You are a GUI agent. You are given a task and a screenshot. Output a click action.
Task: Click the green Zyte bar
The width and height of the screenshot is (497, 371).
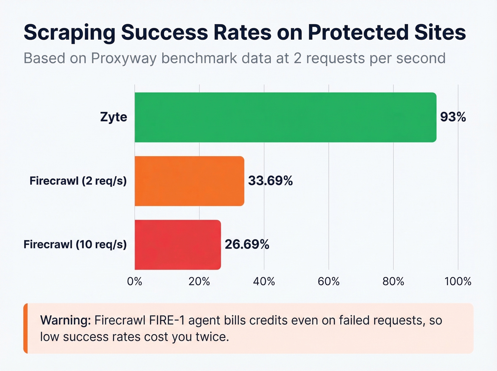[285, 117]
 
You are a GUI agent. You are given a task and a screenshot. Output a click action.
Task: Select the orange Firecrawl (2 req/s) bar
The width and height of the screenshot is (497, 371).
[189, 181]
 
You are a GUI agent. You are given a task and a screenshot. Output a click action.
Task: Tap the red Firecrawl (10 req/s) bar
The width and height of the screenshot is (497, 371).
[177, 245]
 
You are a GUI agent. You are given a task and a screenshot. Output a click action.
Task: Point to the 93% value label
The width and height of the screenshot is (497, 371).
[453, 117]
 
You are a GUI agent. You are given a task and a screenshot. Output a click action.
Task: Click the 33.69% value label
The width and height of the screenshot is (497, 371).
[270, 181]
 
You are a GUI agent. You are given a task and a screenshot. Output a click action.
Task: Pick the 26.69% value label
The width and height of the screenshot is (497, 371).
[247, 245]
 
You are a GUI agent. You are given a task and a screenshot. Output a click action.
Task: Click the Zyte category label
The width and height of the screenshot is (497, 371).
[114, 117]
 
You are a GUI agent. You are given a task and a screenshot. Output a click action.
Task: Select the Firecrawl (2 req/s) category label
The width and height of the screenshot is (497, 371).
[78, 181]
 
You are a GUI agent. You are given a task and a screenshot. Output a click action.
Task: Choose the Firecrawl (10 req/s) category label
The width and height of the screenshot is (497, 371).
[75, 245]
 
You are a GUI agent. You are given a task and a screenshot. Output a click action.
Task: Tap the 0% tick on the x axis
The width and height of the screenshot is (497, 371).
[135, 282]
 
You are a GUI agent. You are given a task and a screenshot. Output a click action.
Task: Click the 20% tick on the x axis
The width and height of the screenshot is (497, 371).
[199, 282]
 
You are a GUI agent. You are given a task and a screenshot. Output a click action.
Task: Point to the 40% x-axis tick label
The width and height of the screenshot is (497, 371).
[264, 282]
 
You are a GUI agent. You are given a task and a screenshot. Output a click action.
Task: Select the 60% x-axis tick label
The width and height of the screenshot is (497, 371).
[329, 282]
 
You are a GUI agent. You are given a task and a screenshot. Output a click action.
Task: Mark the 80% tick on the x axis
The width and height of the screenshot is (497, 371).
[393, 282]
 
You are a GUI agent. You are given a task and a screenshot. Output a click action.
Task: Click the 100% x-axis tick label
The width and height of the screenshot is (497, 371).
[458, 282]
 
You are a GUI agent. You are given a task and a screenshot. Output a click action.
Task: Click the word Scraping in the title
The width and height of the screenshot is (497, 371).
[70, 33]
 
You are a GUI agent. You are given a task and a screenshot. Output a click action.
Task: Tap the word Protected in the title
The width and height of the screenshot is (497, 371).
[357, 33]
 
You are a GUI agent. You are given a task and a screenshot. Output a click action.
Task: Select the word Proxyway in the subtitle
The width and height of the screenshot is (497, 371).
[124, 58]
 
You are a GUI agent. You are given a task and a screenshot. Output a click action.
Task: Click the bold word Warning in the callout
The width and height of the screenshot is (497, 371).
[66, 320]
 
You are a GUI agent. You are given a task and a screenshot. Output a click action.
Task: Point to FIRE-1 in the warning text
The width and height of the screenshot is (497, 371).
[167, 320]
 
